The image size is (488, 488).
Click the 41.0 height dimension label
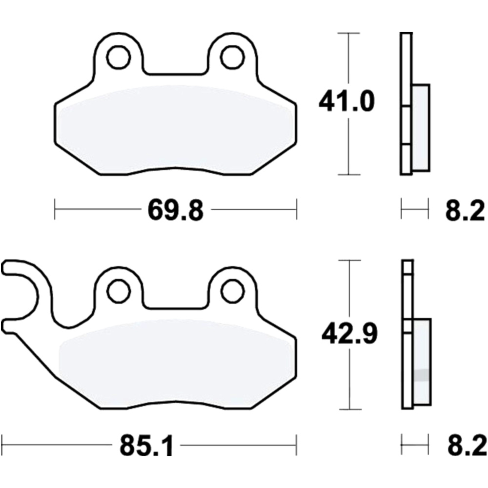pos(346,102)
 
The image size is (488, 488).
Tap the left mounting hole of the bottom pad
pos(118,291)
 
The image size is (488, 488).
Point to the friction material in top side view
pos(421,128)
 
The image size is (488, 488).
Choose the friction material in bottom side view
pos(422,361)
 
